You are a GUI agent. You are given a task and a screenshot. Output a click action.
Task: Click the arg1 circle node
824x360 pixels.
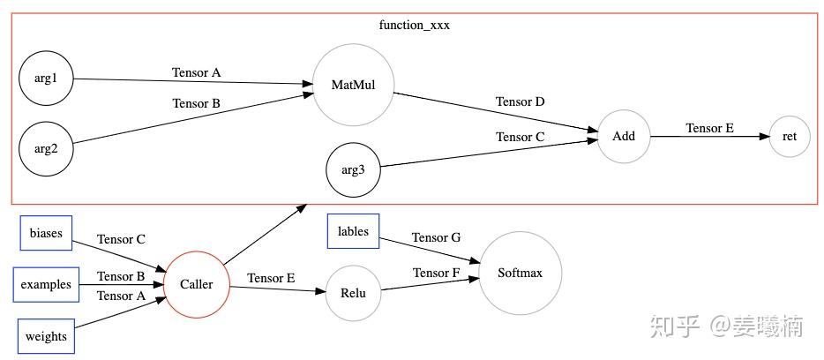pos(46,79)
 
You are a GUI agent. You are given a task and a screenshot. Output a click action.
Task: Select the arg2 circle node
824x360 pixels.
pos(46,147)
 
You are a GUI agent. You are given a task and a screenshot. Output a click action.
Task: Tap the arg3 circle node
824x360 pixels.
pos(353,169)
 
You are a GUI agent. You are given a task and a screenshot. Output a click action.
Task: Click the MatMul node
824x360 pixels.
pos(353,85)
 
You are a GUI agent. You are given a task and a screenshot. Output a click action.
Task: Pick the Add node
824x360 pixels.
pos(624,136)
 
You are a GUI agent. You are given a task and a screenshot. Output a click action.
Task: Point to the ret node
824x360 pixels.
pos(790,136)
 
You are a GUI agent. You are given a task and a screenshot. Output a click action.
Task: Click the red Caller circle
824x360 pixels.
pos(196,284)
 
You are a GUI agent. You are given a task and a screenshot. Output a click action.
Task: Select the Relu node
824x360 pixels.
pos(353,293)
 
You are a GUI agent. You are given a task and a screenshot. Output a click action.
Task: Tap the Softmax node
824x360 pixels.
pos(520,274)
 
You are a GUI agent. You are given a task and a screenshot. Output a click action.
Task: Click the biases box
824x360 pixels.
pos(46,233)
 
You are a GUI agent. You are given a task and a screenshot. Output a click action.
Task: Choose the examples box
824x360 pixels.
pos(46,285)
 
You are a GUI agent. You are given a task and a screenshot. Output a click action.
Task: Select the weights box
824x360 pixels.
pos(46,336)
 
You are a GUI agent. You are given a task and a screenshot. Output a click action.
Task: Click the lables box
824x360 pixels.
pos(353,231)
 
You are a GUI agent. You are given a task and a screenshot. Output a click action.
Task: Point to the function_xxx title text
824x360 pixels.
pos(414,25)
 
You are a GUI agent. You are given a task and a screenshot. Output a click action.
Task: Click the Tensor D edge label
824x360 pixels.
pos(520,101)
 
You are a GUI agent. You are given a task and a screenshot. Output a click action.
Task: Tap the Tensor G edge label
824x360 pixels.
pos(436,237)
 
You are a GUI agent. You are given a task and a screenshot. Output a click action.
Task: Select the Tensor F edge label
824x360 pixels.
pos(436,273)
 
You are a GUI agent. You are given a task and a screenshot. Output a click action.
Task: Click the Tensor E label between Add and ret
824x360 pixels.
pos(709,128)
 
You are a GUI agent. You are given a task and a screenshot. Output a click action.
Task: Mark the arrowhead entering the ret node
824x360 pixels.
pos(763,136)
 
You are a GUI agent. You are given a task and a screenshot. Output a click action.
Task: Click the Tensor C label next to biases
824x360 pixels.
pos(121,239)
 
